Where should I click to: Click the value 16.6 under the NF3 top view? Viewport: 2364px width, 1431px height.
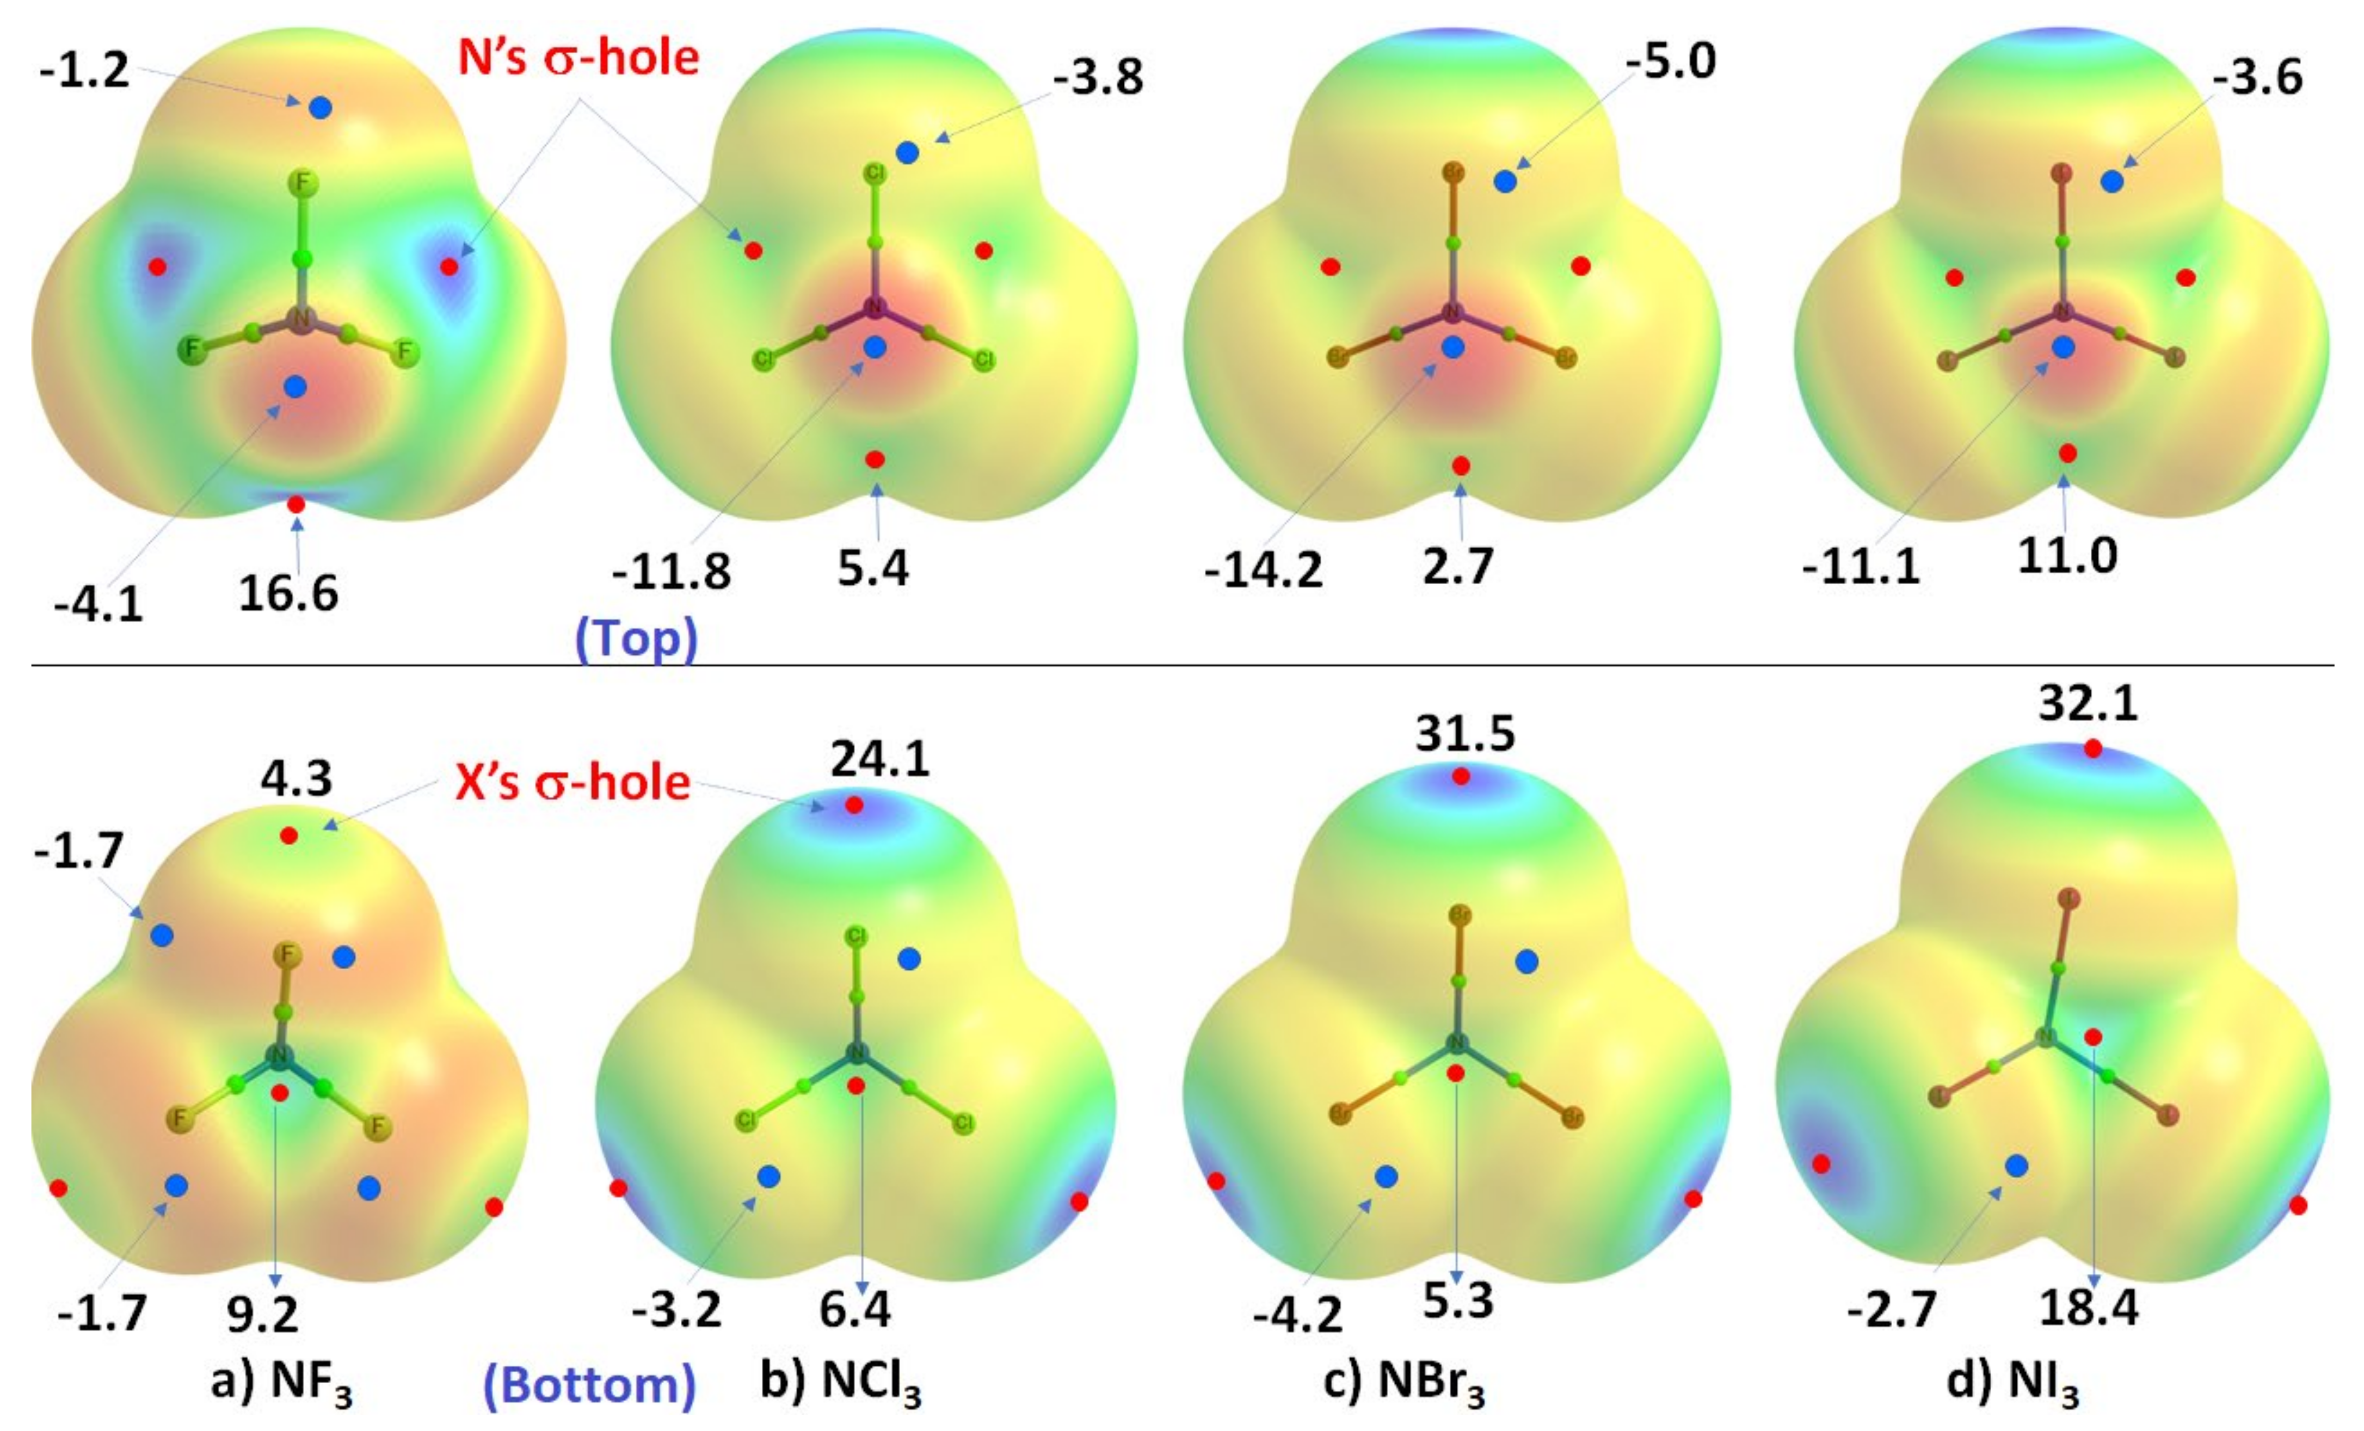(288, 594)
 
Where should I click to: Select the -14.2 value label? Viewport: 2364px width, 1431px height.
(1264, 571)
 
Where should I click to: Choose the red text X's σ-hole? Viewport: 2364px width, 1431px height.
(573, 783)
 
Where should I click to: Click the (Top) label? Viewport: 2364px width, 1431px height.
(636, 638)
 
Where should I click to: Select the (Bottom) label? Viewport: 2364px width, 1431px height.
(588, 1385)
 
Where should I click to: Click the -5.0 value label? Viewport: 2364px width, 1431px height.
(1670, 61)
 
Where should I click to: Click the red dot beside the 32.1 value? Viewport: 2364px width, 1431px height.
(2092, 749)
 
